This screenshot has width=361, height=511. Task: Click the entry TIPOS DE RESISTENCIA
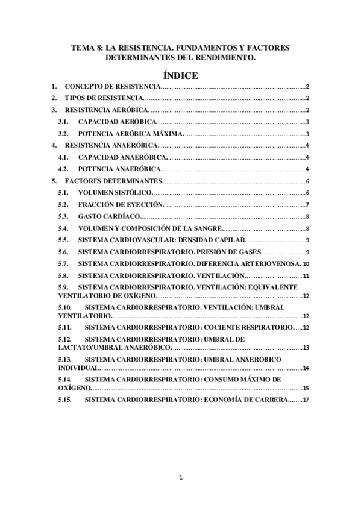tap(104, 98)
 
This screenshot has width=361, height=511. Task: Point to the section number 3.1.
tap(63, 122)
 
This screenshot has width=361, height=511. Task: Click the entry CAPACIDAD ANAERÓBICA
tap(121, 157)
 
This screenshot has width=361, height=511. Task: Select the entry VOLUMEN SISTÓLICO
tap(116, 193)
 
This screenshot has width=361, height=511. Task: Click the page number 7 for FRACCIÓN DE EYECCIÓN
tap(307, 205)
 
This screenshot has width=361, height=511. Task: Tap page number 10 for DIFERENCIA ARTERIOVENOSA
tap(306, 264)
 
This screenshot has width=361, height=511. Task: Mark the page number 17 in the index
tap(306, 400)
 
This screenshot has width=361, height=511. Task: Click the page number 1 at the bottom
tap(181, 478)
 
